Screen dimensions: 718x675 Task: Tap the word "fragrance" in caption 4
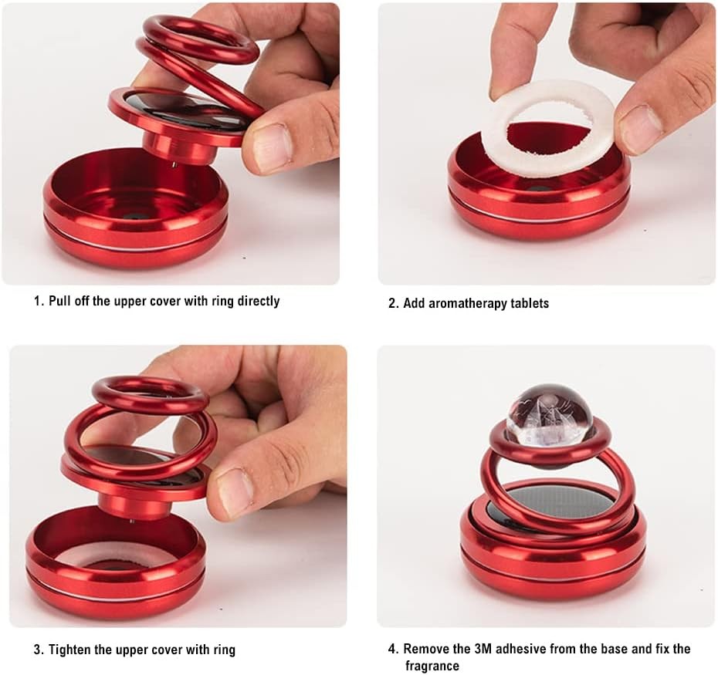(432, 666)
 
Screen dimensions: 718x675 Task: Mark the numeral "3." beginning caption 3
(39, 650)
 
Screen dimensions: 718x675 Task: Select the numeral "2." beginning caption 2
(394, 303)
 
